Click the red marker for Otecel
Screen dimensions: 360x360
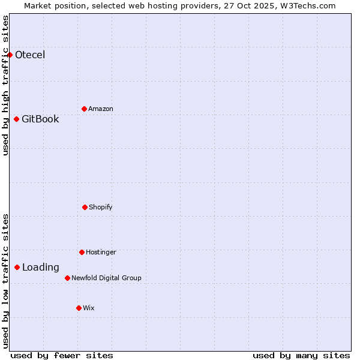pos(10,55)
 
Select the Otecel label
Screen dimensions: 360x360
pos(30,55)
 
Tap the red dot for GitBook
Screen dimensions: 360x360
pos(16,119)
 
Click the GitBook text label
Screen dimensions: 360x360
pos(40,119)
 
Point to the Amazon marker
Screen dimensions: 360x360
pos(84,109)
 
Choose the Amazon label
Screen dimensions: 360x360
pos(101,109)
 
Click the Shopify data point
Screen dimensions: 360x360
pos(85,207)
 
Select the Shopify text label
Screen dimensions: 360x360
pos(101,208)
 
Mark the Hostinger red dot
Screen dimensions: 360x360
pos(82,252)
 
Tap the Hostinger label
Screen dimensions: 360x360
pos(101,253)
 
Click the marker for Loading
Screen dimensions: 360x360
pos(17,267)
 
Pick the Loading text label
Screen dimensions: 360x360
pos(41,268)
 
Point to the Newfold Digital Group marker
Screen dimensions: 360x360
pos(67,278)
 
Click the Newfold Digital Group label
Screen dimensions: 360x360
pos(106,278)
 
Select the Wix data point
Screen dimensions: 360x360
pos(79,308)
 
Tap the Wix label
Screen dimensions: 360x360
pos(89,308)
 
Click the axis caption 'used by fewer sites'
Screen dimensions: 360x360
pos(62,356)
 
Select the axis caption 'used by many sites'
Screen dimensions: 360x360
pos(301,356)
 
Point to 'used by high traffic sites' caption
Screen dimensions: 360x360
pos(5,85)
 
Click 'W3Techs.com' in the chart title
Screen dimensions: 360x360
pos(307,5)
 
